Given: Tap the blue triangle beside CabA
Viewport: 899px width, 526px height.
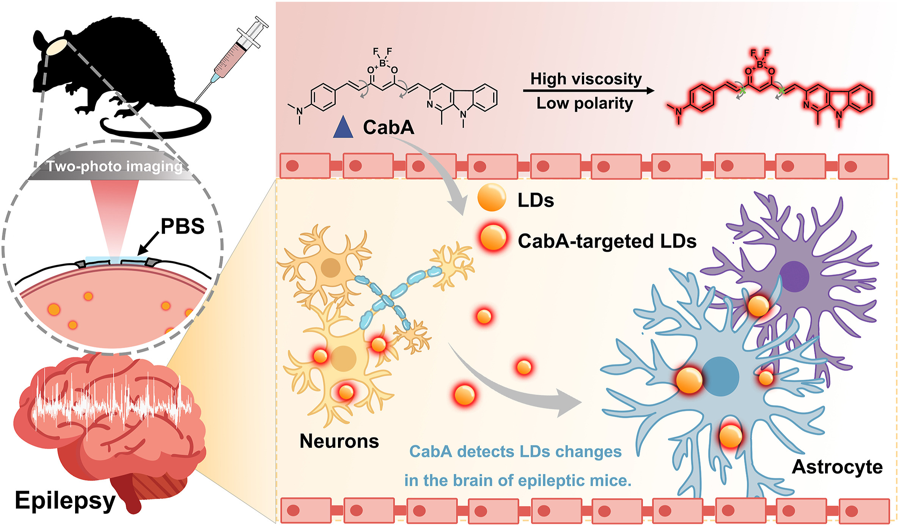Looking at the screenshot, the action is pos(343,127).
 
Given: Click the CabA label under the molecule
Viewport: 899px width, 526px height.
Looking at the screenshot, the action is pos(388,127).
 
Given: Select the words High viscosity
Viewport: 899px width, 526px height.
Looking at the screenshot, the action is pos(586,79).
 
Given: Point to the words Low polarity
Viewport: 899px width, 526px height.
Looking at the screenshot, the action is pos(585,104).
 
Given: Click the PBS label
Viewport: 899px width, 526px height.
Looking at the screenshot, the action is pos(182,226).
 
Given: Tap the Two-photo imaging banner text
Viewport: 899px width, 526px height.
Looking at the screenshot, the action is pos(115,166).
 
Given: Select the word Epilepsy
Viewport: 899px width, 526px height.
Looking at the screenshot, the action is pos(65,501).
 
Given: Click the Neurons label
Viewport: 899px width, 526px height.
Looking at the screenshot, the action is pos(339,441).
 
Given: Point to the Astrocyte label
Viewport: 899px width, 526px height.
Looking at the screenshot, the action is pos(838,467).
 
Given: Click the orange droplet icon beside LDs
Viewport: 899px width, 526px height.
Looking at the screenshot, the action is pos(492,197).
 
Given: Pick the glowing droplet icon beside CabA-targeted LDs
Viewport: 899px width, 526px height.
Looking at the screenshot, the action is pos(493,238).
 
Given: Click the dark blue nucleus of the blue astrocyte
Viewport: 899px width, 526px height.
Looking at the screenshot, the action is pos(720,376).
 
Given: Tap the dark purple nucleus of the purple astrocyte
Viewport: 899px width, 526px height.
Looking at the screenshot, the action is pos(794,276).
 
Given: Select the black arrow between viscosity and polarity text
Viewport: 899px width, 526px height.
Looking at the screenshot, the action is pos(589,91).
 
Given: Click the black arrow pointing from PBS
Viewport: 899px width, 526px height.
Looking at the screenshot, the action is pos(149,243).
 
